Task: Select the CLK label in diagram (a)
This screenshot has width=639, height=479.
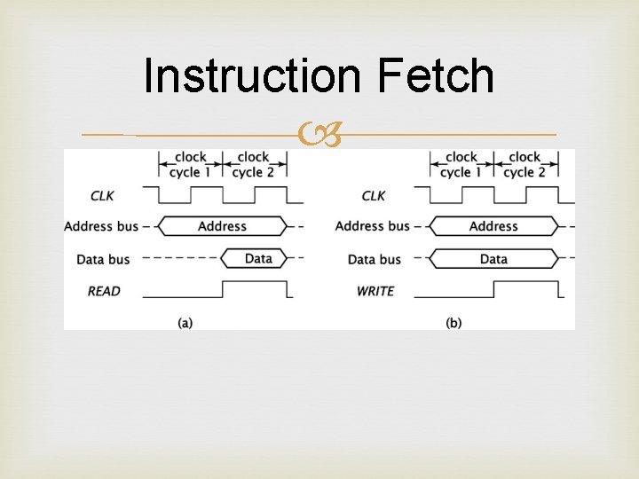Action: click(x=102, y=195)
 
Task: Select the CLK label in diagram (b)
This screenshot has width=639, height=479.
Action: click(x=374, y=195)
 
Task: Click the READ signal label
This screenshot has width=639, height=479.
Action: click(x=104, y=291)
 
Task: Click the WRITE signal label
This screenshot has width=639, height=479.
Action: click(x=375, y=291)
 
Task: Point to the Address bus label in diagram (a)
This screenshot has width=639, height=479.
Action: click(x=101, y=226)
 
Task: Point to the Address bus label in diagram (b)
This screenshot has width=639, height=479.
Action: click(x=373, y=226)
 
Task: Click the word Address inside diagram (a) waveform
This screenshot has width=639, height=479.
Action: click(x=222, y=226)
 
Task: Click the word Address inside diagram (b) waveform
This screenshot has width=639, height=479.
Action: click(x=493, y=226)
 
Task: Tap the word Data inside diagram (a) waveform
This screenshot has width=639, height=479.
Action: click(x=258, y=259)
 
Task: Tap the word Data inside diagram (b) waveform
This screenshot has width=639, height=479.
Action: click(x=493, y=259)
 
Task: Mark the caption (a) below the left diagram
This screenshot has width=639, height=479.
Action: click(x=185, y=323)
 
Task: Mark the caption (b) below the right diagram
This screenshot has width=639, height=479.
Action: click(x=454, y=323)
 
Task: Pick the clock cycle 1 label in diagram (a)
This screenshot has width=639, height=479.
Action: click(x=191, y=165)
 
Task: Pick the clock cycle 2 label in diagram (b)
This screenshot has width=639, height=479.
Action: click(x=525, y=165)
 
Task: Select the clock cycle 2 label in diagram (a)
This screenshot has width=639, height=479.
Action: click(x=253, y=165)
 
